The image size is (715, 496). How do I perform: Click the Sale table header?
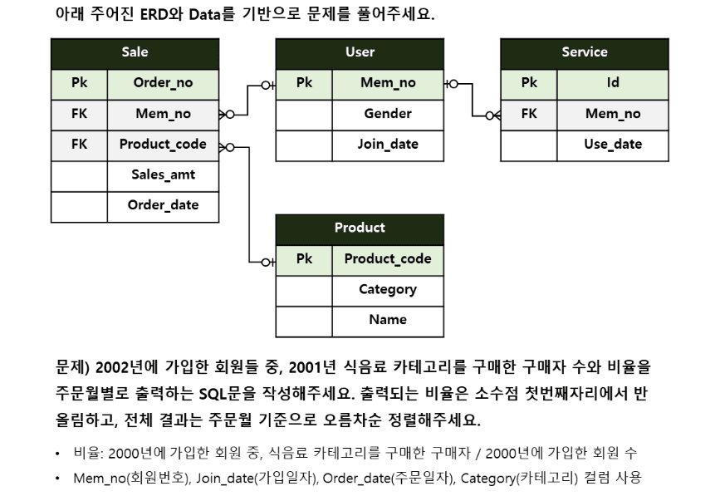click(135, 52)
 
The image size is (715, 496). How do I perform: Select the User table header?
click(360, 52)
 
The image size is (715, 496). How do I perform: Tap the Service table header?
click(585, 52)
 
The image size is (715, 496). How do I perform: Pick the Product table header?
click(360, 228)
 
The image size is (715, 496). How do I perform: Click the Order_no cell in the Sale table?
click(163, 83)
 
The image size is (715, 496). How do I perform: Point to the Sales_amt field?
click(163, 174)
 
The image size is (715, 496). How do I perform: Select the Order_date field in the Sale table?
click(163, 205)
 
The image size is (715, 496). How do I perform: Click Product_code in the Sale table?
click(163, 144)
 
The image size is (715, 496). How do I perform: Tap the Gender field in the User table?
click(388, 114)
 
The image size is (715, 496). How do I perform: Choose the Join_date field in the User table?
click(388, 144)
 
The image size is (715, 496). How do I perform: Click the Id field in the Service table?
click(613, 83)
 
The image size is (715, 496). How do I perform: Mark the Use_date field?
click(613, 144)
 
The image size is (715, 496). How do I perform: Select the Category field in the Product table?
click(388, 289)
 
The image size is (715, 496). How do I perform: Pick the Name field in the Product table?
click(388, 320)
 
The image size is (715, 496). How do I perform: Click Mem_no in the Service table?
click(613, 114)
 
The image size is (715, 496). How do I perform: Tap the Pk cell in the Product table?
click(304, 258)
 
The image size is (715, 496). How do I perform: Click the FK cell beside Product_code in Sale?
click(79, 144)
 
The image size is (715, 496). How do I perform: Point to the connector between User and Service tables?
click(473, 99)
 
